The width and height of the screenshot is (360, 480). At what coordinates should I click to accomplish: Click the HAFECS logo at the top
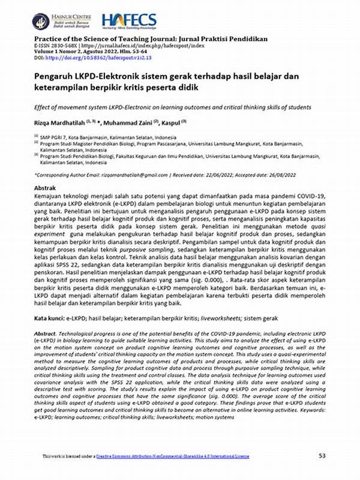click(130, 21)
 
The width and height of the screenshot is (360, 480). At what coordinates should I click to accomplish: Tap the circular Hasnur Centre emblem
click(41, 21)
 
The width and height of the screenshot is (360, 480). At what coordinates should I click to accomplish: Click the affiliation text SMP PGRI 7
click(54, 137)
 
